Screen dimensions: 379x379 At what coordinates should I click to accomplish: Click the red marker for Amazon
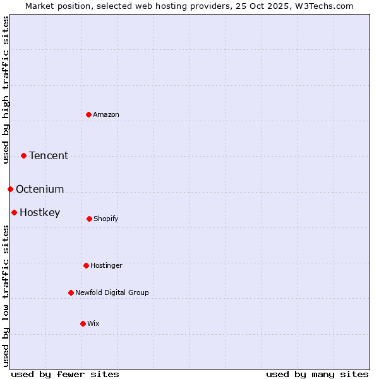point(88,114)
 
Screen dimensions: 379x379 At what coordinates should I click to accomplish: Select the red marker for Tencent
point(23,155)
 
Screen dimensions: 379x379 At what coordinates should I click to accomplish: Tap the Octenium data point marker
point(10,189)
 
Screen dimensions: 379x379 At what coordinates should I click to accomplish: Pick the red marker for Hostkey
point(14,212)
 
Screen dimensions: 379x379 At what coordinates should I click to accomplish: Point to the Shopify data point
point(89,219)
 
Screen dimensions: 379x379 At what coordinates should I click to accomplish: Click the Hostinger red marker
point(86,265)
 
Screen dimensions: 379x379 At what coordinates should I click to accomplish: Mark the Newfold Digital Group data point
point(71,292)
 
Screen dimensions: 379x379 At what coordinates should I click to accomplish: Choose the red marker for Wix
point(83,323)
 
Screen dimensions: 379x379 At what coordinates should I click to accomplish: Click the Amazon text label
point(106,114)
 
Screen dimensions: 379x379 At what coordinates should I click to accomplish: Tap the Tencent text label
point(49,155)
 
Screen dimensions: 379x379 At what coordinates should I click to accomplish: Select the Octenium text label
point(40,189)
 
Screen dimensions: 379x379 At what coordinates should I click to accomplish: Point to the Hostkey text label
point(40,212)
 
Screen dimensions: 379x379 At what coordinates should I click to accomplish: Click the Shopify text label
point(106,219)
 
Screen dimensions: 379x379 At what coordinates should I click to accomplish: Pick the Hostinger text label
point(106,265)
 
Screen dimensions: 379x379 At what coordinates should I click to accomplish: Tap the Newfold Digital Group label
point(112,292)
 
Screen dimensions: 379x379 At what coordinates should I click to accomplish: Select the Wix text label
point(93,323)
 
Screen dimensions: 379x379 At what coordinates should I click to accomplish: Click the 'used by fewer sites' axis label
point(65,374)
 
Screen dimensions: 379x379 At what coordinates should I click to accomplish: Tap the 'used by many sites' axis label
point(317,374)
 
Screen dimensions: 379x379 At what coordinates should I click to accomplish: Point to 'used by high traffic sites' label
point(6,90)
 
